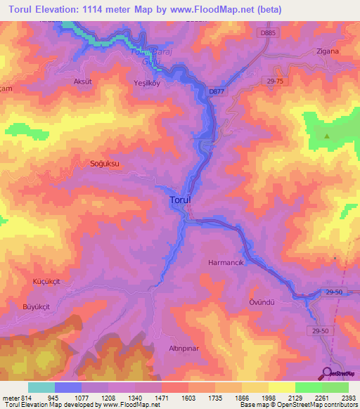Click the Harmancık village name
pyautogui.click(x=226, y=262)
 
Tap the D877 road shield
pyautogui.click(x=217, y=90)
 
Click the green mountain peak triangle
pyautogui.click(x=326, y=136)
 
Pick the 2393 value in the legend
pyautogui.click(x=349, y=398)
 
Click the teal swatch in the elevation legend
pyautogui.click(x=41, y=387)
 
